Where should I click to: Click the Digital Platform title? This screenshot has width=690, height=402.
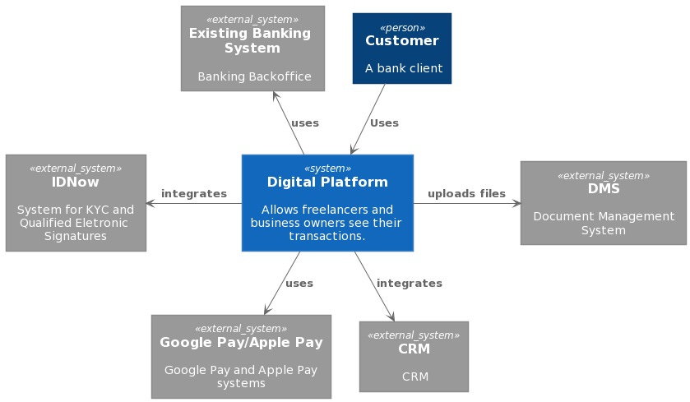[x=327, y=182]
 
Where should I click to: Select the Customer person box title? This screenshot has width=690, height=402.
[x=402, y=40]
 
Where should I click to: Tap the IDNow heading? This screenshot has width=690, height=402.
[x=76, y=182]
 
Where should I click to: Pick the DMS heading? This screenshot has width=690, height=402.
[x=604, y=188]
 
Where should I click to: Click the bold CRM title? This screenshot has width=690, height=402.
[x=414, y=349]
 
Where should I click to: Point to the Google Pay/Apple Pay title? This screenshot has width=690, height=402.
[x=241, y=342]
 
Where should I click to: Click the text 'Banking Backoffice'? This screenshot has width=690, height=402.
[x=254, y=76]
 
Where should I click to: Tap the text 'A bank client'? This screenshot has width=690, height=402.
[x=404, y=68]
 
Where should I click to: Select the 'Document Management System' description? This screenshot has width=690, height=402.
[x=604, y=223]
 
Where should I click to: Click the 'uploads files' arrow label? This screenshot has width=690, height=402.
[x=466, y=193]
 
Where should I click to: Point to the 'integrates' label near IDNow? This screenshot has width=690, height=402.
[x=194, y=193]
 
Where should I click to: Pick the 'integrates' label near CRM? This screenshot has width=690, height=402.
[x=409, y=283]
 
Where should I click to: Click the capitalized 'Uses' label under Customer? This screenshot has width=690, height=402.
[x=384, y=122]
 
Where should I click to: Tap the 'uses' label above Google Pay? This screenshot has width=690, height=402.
[x=299, y=283]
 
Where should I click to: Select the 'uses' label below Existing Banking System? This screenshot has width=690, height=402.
[x=305, y=122]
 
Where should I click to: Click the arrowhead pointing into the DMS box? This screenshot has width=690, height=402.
[x=516, y=203]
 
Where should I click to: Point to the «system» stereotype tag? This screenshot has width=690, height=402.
[x=327, y=168]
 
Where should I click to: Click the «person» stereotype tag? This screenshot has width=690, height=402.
[x=402, y=27]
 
